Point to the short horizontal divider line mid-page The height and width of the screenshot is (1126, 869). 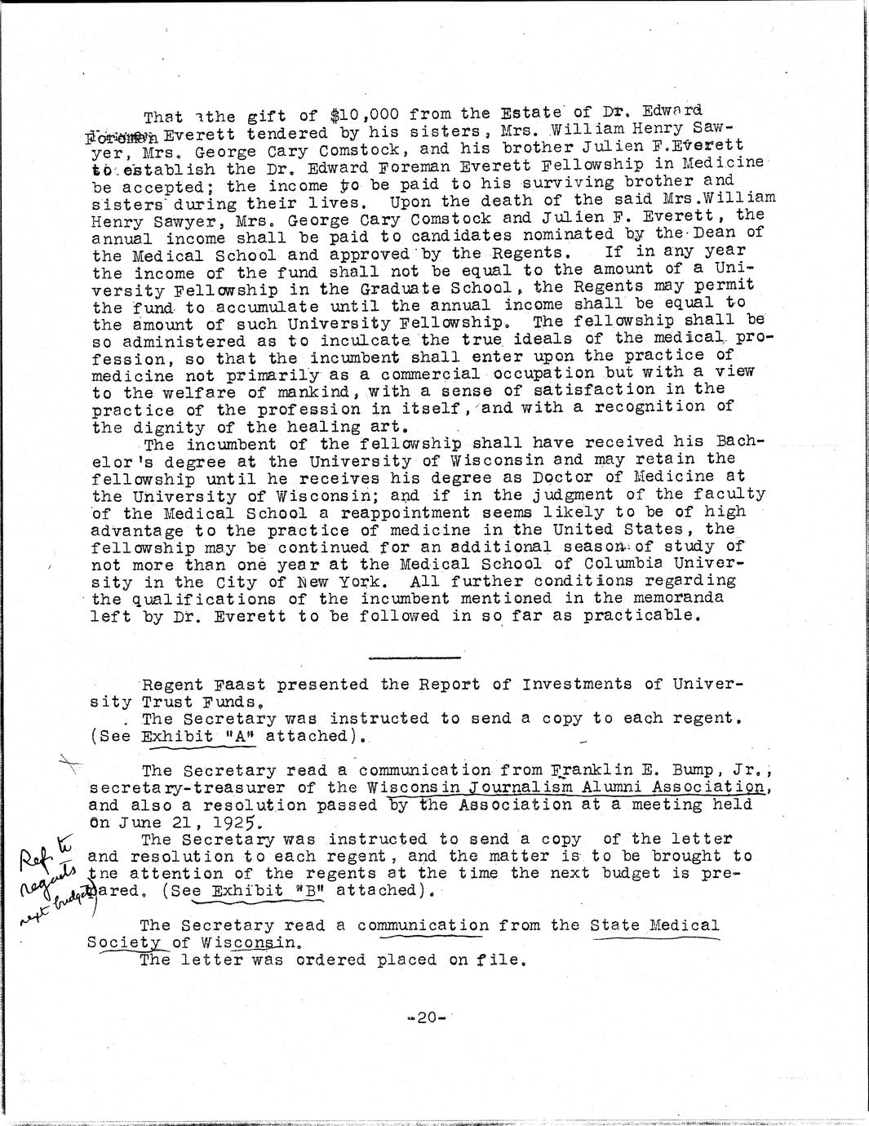tap(414, 657)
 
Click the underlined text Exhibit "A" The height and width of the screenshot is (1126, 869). tap(188, 736)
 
